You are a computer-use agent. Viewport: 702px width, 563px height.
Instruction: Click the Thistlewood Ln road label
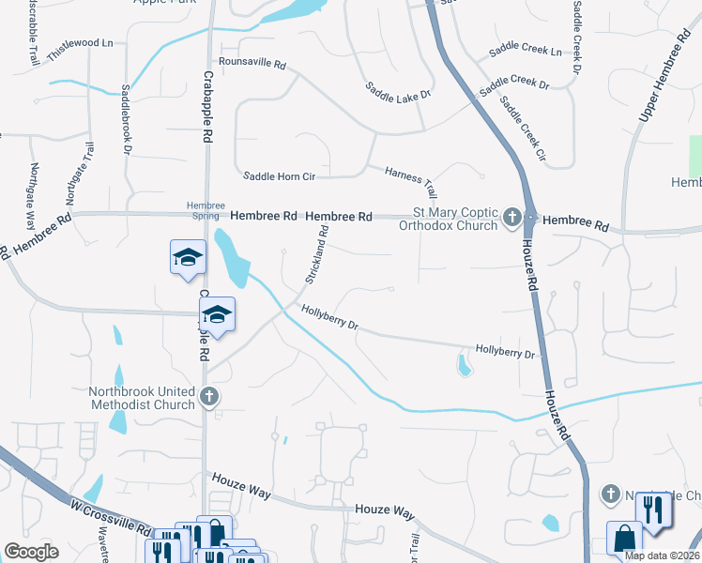[x=80, y=43]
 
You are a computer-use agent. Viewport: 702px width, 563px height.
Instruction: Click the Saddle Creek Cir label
[x=523, y=127]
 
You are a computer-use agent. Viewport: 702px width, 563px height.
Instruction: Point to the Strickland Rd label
[x=314, y=255]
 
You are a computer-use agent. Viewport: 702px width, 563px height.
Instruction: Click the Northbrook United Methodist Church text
[x=142, y=398]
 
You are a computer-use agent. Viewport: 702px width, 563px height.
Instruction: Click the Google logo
[x=32, y=552]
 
